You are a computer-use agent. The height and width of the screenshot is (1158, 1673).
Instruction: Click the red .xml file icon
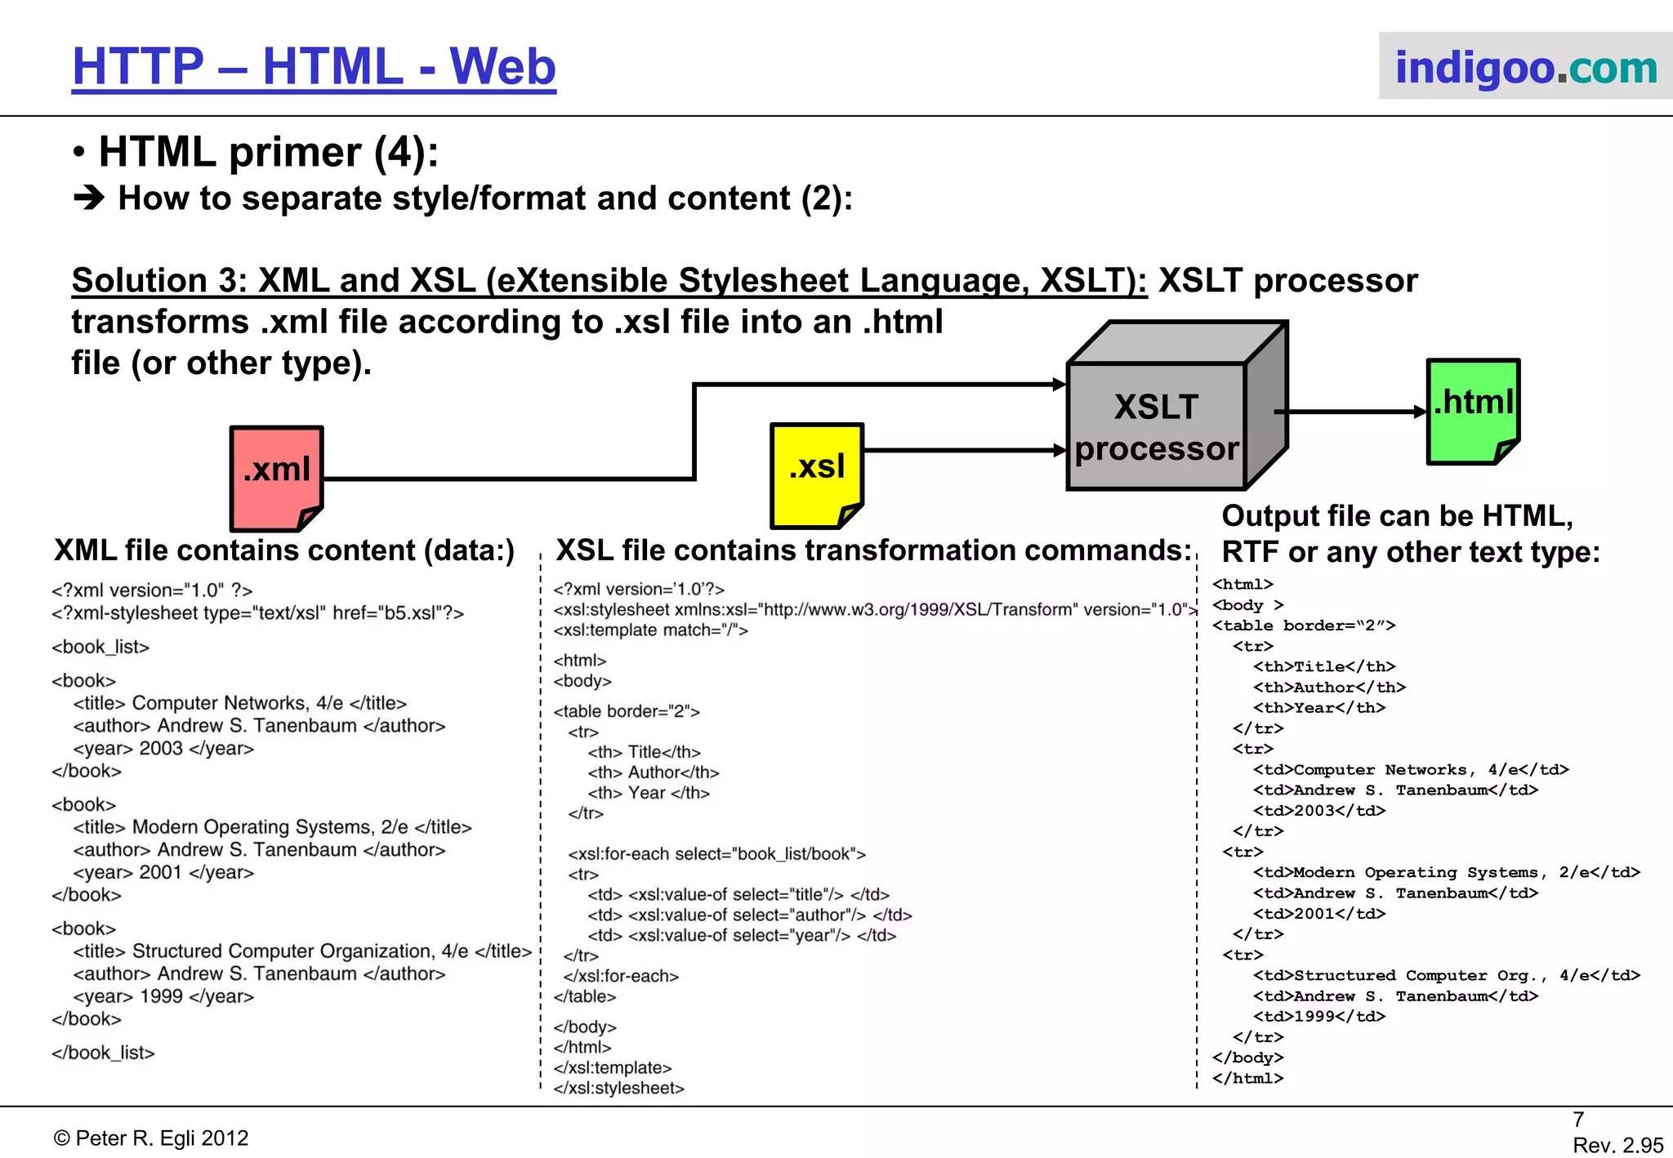276,478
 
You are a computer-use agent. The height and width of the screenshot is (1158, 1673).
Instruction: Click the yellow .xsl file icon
816,474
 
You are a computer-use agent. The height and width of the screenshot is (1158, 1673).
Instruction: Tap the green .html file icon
1473,411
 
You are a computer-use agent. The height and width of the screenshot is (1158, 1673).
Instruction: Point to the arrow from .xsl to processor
964,450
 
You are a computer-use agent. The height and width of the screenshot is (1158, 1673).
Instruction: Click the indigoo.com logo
1525,67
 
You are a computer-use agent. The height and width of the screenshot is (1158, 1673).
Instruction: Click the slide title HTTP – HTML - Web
314,67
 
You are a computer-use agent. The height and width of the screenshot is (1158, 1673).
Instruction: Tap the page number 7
1578,1119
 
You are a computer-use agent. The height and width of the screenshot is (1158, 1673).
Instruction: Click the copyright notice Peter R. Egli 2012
151,1138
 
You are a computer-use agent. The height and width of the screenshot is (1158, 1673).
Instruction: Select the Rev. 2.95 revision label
1617,1145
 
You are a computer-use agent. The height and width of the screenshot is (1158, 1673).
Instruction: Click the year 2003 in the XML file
162,748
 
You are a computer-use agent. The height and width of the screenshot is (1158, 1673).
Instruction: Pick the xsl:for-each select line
716,854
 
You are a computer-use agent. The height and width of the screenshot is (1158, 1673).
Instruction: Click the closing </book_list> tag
103,1053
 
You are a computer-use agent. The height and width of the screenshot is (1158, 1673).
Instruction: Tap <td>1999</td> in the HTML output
1319,1017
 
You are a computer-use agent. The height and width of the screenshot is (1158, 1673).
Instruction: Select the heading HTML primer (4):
268,153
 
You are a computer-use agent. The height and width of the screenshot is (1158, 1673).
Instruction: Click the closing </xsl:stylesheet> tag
618,1088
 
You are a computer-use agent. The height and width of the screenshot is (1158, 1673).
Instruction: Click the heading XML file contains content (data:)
284,550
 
